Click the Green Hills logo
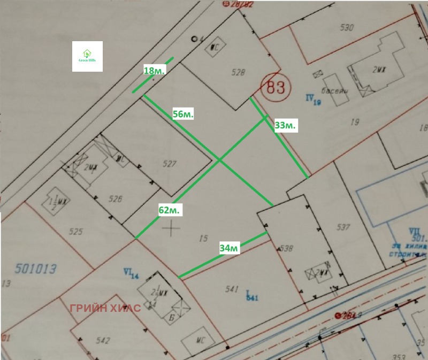87,57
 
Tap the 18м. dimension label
155,71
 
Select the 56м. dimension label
184,114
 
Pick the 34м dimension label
228,248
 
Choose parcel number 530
347,28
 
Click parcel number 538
287,248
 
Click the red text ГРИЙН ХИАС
105,308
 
